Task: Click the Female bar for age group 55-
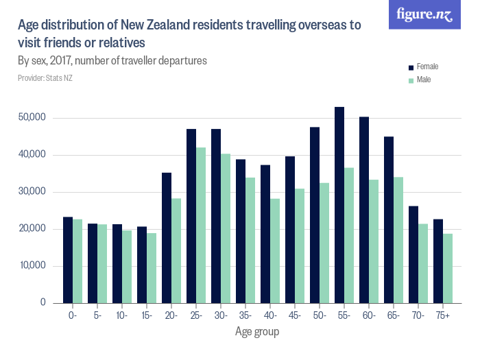(x=339, y=205)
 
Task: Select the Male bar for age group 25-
(x=201, y=226)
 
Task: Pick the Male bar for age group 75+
(x=448, y=268)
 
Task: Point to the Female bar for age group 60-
(x=364, y=210)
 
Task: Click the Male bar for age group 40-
(x=275, y=251)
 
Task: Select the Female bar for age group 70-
(x=413, y=254)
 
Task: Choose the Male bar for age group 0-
(x=77, y=261)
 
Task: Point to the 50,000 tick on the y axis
(x=32, y=118)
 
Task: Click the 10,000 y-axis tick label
(x=32, y=266)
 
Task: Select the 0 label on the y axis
(x=43, y=303)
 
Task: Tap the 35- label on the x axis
(x=245, y=316)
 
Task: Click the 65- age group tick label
(x=393, y=316)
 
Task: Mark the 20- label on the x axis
(x=171, y=316)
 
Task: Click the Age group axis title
(x=257, y=332)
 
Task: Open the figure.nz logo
(x=424, y=14)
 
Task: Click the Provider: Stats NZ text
(x=45, y=78)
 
